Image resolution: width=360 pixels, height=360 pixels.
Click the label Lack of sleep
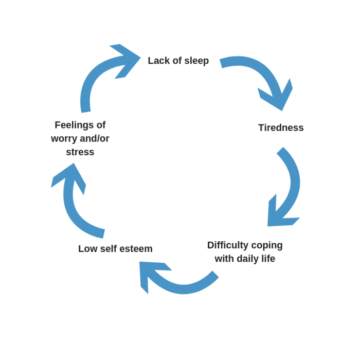click(x=178, y=61)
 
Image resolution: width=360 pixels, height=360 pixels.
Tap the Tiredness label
click(x=281, y=128)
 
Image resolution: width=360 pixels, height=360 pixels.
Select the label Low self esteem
click(x=115, y=249)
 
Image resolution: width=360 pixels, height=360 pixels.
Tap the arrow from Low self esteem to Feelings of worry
click(x=72, y=206)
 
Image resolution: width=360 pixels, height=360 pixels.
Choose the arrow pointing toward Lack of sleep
click(x=103, y=72)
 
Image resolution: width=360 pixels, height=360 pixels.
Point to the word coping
click(x=267, y=245)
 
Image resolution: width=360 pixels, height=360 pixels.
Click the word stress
click(x=80, y=152)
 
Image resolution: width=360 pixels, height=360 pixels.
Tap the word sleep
click(x=196, y=61)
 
